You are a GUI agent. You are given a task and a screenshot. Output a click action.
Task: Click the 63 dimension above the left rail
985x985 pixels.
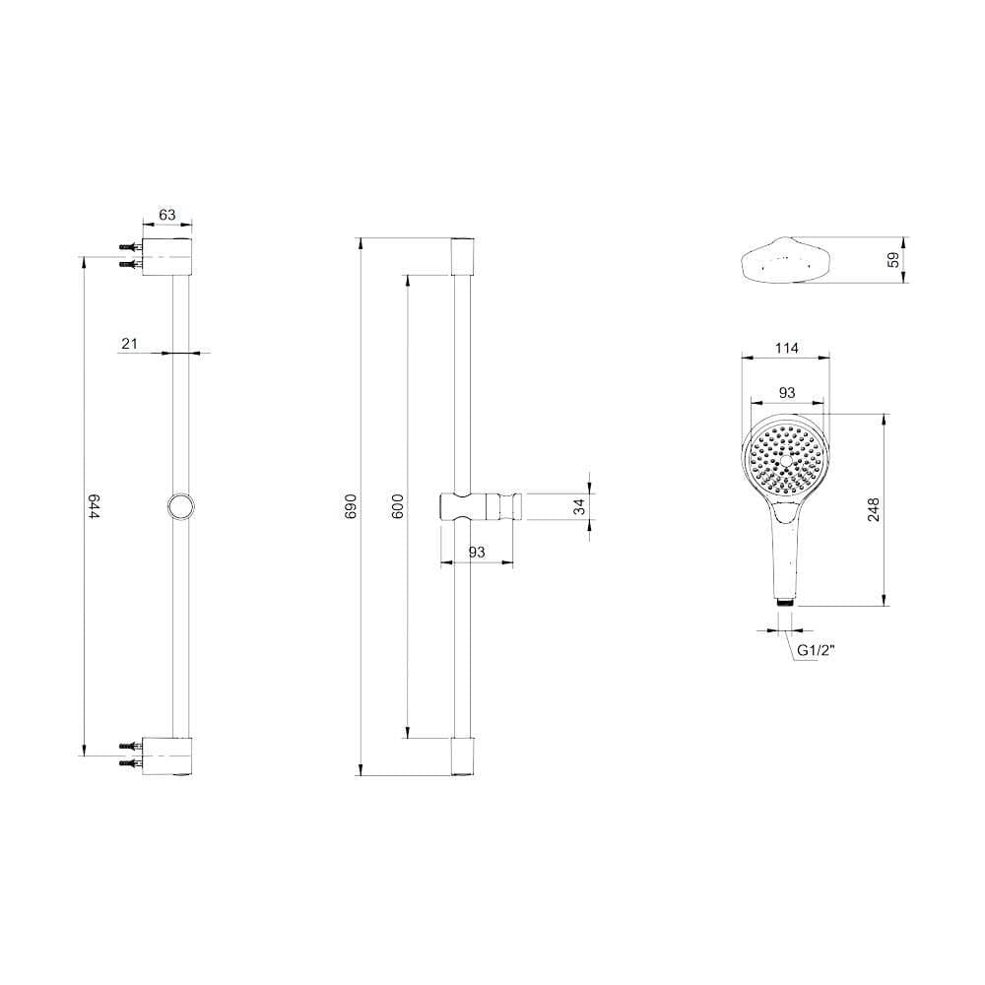[x=166, y=214]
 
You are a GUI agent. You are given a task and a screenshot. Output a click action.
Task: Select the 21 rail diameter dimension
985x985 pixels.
[x=128, y=343]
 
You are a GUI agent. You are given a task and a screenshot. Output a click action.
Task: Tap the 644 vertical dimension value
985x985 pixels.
[x=95, y=507]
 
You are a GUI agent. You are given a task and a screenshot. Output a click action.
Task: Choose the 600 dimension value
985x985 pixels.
[x=397, y=507]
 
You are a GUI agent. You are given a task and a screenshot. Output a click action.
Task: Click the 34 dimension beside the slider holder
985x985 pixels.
[x=580, y=506]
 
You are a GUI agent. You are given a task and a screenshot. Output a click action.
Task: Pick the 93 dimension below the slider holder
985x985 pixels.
[x=478, y=553]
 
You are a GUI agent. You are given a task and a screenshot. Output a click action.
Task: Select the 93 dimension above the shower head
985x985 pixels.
[x=787, y=392]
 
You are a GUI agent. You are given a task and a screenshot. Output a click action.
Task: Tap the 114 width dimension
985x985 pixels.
[x=787, y=348]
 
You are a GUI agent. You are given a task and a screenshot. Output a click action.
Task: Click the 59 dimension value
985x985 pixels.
[x=893, y=260]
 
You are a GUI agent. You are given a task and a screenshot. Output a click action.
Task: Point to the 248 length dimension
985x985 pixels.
[x=874, y=509]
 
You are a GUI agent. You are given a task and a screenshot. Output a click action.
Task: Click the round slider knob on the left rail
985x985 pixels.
[x=179, y=506]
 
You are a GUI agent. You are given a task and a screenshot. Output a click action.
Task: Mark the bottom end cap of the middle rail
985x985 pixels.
[x=464, y=755]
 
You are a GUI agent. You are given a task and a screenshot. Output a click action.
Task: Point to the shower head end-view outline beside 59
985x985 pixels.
[x=787, y=260]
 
